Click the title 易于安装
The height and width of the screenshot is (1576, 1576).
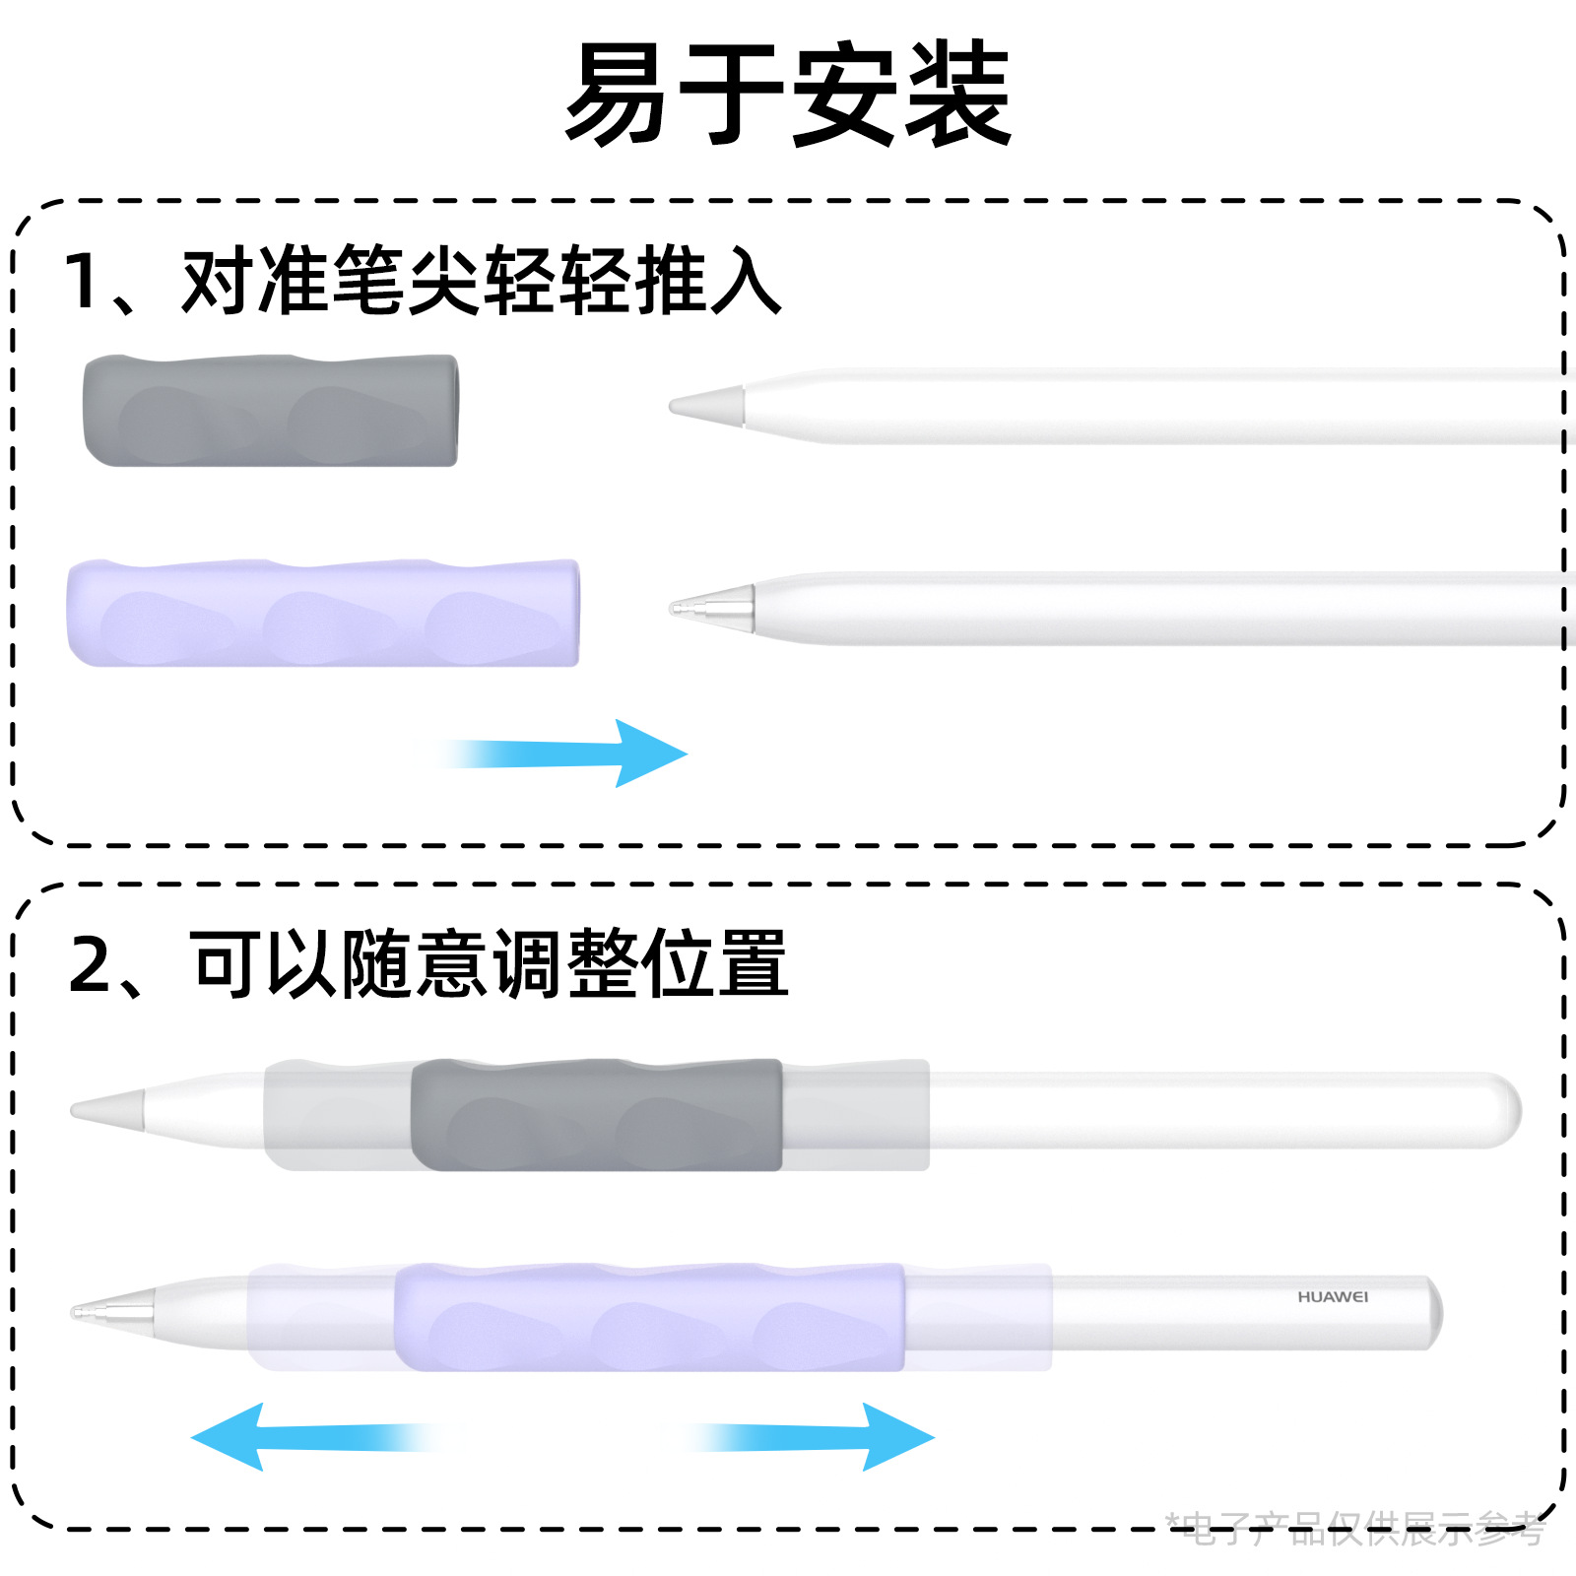788,94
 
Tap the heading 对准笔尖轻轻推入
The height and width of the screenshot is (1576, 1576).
483,281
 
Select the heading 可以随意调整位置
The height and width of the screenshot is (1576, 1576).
490,964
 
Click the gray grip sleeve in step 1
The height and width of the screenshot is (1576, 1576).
271,410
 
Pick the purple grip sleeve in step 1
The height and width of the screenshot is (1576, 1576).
323,613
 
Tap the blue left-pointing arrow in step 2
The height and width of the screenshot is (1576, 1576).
305,1437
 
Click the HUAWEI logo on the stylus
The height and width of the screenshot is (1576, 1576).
1333,1297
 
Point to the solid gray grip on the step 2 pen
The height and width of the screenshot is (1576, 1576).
596,1115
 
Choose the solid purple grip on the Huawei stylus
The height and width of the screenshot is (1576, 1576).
650,1317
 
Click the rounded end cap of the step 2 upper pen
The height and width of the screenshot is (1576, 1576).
1502,1110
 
